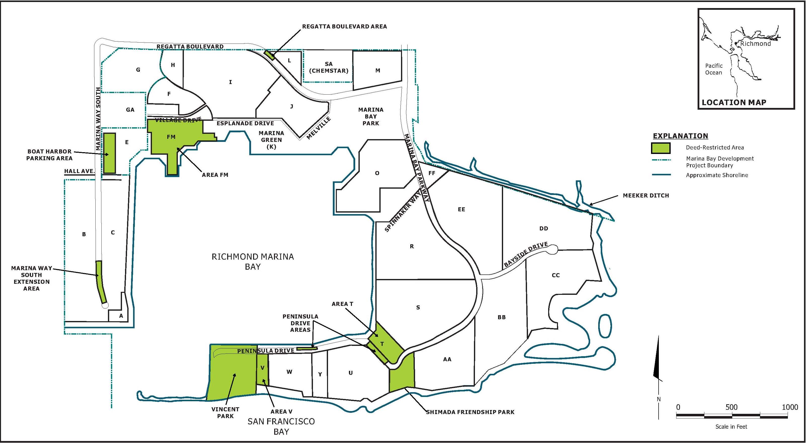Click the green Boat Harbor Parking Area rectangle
tap(109, 153)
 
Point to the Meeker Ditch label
tap(646, 195)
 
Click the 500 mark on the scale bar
tap(731, 407)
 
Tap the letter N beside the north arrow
tap(659, 399)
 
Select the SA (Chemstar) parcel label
tap(329, 67)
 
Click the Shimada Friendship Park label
tap(470, 412)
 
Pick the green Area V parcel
tap(262, 374)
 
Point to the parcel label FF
tap(432, 173)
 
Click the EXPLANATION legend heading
tap(680, 136)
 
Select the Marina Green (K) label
tap(271, 140)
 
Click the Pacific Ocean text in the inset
tap(714, 69)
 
